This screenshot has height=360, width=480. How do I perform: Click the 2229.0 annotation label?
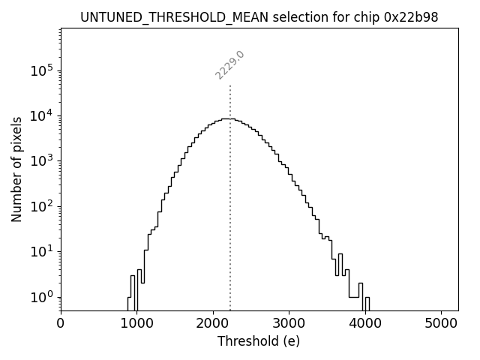pos(230,65)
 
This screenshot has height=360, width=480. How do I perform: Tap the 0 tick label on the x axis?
pos(61,325)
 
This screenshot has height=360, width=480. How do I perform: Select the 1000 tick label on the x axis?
pos(136,325)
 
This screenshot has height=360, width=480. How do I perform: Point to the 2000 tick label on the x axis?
pos(213,325)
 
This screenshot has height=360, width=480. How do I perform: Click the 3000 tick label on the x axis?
pos(289,325)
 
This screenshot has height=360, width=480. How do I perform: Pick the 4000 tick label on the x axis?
pos(365,325)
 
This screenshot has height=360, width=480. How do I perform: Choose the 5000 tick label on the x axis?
pos(441,325)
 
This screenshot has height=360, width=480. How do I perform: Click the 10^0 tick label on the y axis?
pos(42,296)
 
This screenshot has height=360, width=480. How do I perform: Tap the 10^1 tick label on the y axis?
pos(42,251)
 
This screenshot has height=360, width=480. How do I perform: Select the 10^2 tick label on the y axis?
pos(42,205)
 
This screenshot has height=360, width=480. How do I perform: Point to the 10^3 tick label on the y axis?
pos(42,160)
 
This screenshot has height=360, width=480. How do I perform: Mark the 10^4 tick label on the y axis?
pos(42,115)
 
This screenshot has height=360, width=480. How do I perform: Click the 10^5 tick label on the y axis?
pos(42,70)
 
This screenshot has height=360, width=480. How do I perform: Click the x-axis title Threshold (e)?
pos(259,341)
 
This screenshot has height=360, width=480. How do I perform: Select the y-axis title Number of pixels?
pos(16,169)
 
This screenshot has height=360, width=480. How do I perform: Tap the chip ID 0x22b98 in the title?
pos(412,17)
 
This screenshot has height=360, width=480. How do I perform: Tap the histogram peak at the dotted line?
pos(230,118)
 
